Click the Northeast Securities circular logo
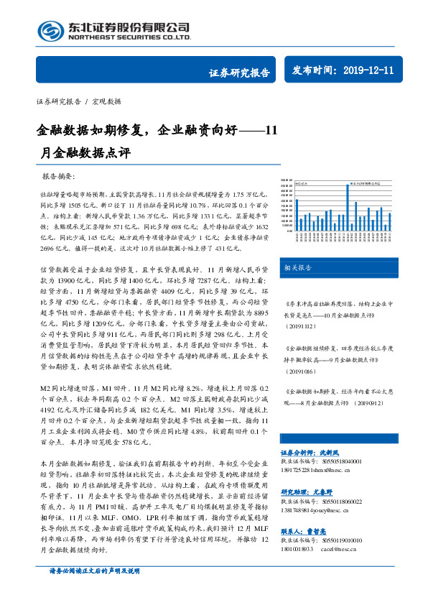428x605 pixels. point(50,30)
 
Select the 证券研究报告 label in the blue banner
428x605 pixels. point(240,72)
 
